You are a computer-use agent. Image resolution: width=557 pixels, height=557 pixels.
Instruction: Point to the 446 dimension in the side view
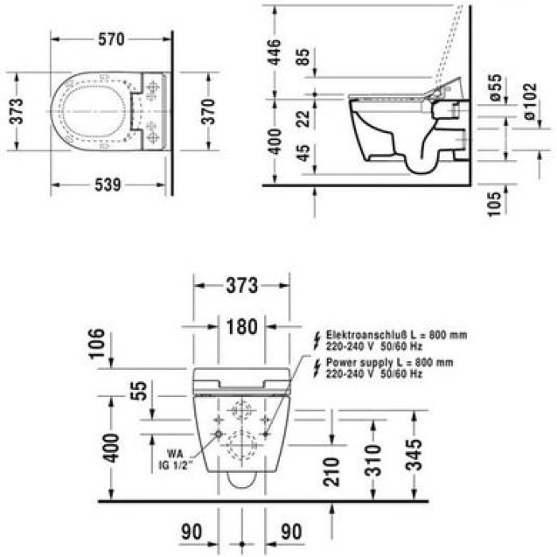tap(275, 54)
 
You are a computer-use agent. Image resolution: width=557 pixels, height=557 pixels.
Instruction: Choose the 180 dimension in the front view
tap(241, 327)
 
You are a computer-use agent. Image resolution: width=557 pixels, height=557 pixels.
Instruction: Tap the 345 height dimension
tap(413, 455)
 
